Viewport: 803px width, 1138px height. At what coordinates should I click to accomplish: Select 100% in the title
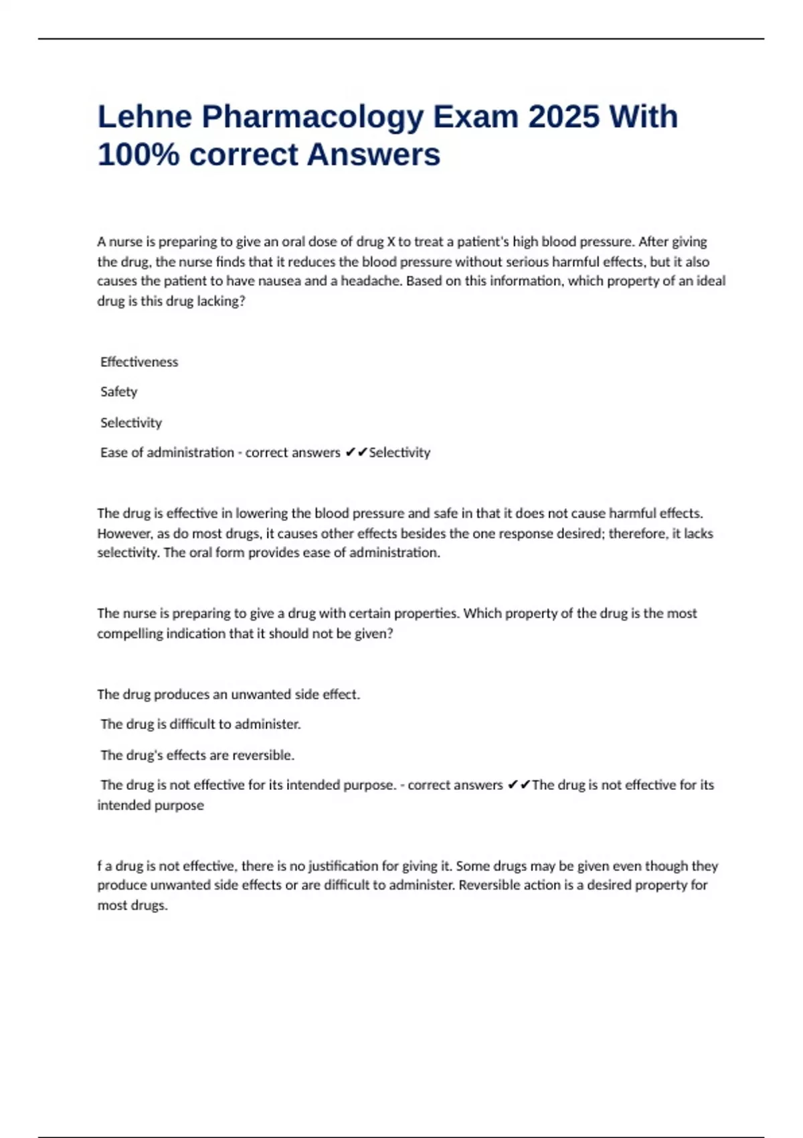tap(139, 155)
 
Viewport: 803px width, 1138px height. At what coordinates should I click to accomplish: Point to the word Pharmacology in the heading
tap(313, 118)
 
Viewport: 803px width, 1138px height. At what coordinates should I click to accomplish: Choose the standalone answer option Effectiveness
tap(139, 362)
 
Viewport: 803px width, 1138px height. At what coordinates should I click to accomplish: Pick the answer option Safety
tap(118, 392)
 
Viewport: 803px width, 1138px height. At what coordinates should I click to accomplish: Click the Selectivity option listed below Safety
tap(131, 423)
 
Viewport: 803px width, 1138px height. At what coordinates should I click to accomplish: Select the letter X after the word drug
tap(391, 242)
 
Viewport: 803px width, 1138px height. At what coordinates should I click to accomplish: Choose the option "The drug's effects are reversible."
tap(197, 755)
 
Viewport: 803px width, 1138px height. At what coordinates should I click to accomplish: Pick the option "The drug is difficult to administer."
tap(200, 724)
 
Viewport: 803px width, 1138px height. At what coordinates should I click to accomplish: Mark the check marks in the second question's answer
tap(519, 785)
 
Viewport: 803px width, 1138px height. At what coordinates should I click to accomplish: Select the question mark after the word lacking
tap(242, 301)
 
